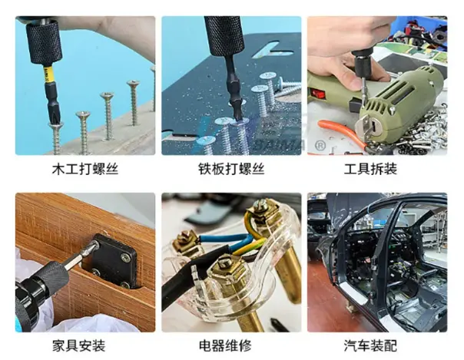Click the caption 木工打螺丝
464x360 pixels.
(85, 169)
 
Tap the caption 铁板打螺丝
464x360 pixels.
(231, 169)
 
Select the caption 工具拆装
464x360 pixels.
(370, 169)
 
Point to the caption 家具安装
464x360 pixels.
(78, 345)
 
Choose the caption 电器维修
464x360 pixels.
(225, 345)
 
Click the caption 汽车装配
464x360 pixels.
(370, 345)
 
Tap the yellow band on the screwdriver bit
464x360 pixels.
(48, 74)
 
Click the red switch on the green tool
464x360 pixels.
(318, 94)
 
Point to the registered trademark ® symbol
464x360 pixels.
(319, 144)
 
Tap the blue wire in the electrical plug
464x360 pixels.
(225, 239)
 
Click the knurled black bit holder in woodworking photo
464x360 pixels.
(44, 42)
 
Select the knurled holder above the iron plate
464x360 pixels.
(224, 36)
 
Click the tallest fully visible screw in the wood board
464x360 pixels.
(134, 102)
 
